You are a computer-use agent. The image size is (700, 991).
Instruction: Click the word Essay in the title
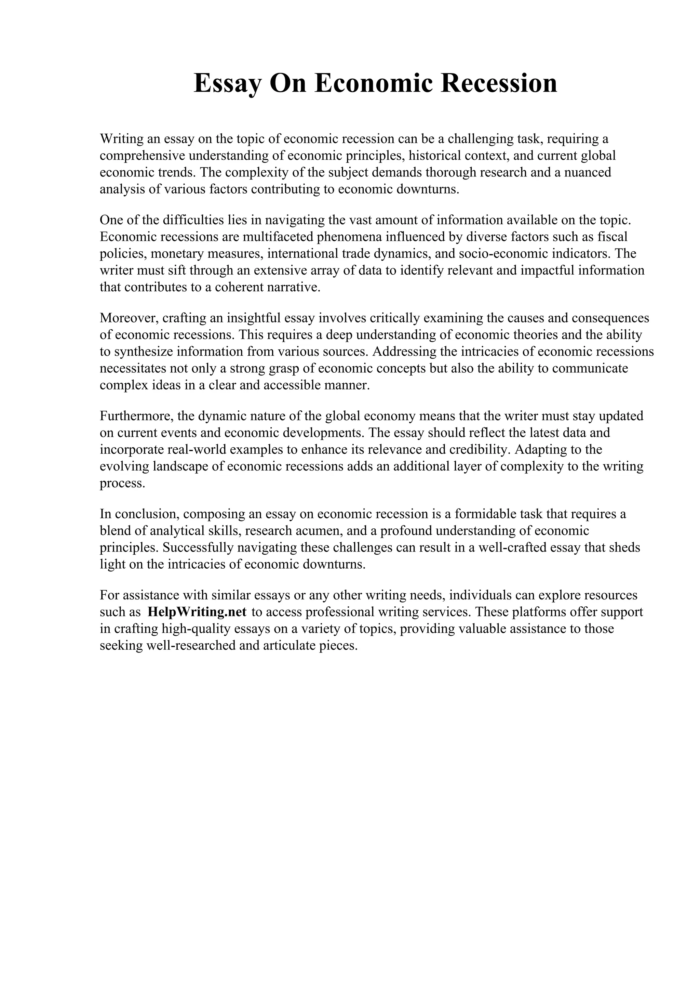(227, 83)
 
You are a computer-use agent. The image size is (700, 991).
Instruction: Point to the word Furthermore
(136, 416)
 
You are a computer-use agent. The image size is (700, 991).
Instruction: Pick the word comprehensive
(142, 156)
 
